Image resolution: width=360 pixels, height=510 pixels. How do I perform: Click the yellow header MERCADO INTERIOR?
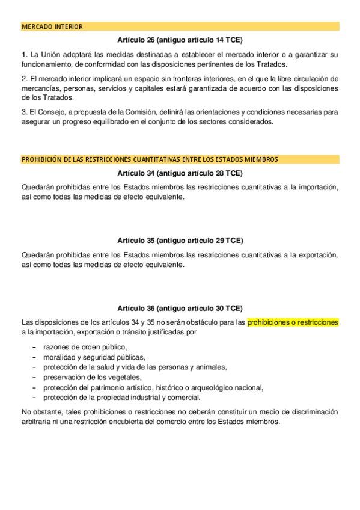point(52,27)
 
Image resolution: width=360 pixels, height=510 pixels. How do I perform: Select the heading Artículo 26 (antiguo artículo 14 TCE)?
point(180,40)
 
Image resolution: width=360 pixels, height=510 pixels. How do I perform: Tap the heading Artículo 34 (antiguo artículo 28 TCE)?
point(180,174)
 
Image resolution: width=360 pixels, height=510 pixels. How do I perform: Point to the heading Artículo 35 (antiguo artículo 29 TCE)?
point(180,241)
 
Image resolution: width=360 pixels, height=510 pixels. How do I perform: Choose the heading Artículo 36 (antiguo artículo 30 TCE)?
point(180,307)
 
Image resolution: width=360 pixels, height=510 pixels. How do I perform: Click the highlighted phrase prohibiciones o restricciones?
point(293,322)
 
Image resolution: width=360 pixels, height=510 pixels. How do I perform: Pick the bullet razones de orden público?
point(85,347)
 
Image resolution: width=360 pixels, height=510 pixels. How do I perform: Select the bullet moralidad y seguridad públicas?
point(90,357)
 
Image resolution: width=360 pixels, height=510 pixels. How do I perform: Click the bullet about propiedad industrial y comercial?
point(121,397)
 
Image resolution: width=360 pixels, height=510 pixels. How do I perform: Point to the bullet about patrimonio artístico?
point(153,387)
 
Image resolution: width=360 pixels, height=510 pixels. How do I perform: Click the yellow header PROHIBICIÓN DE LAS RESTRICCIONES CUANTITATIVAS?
point(150,160)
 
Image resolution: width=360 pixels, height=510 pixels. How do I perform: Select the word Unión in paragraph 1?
point(50,55)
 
